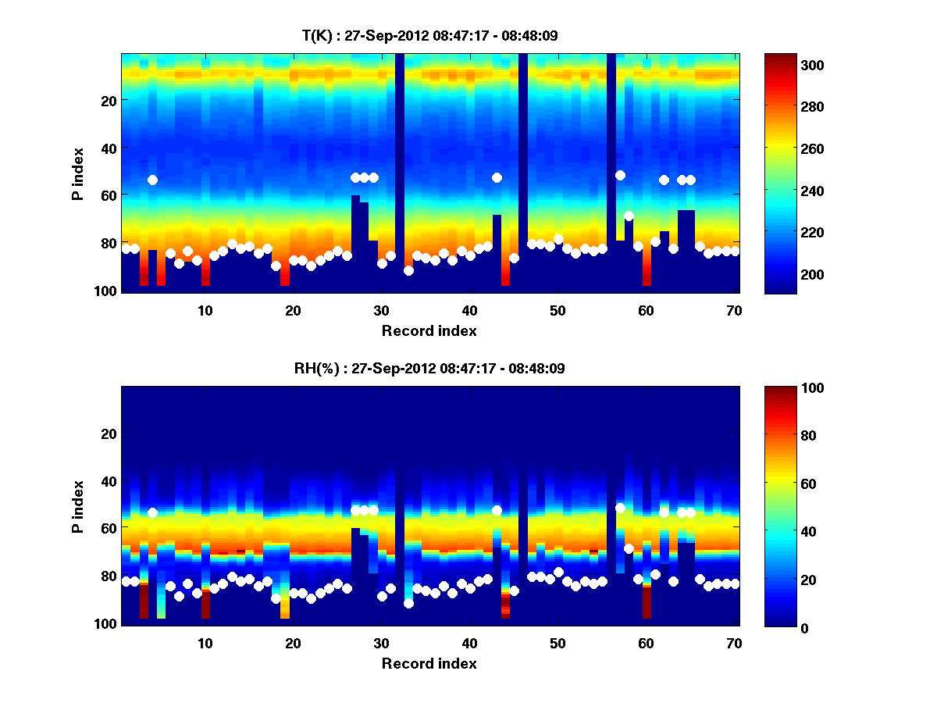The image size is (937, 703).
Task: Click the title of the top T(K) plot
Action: [430, 35]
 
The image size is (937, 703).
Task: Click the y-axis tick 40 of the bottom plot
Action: [109, 480]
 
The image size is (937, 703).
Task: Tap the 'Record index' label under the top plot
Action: [429, 330]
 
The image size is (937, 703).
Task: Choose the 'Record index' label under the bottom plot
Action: [429, 663]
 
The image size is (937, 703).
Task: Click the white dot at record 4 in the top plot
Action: [152, 180]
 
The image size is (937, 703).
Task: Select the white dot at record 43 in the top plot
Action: [497, 177]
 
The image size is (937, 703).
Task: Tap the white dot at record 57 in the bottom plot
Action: [620, 508]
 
